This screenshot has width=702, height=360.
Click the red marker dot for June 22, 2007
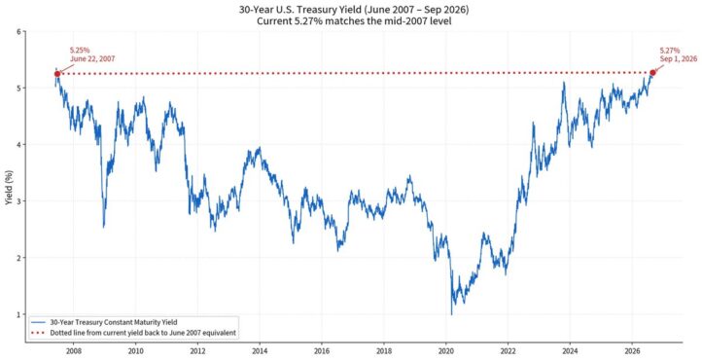pyautogui.click(x=56, y=74)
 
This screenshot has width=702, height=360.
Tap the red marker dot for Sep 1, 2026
pyautogui.click(x=652, y=73)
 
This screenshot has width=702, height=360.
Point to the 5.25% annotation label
pyautogui.click(x=80, y=51)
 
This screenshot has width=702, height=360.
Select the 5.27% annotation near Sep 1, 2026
pyautogui.click(x=670, y=51)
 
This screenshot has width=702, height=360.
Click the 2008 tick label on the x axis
pyautogui.click(x=74, y=350)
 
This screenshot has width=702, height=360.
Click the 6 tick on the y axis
pyautogui.click(x=18, y=31)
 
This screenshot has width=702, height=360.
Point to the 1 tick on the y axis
pyautogui.click(x=18, y=314)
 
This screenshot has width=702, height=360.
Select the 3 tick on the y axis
pyautogui.click(x=18, y=201)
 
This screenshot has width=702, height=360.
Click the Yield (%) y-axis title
pyautogui.click(x=9, y=188)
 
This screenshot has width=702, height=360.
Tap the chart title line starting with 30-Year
pyautogui.click(x=354, y=10)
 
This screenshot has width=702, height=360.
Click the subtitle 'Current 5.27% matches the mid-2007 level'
pyautogui.click(x=354, y=21)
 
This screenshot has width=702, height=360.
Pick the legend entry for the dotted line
pyautogui.click(x=133, y=333)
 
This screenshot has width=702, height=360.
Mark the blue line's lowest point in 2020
pyautogui.click(x=451, y=314)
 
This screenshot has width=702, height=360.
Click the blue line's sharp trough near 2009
pyautogui.click(x=104, y=227)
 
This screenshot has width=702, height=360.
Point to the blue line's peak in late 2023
pyautogui.click(x=564, y=83)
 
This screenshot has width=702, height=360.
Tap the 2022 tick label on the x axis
pyautogui.click(x=508, y=350)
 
